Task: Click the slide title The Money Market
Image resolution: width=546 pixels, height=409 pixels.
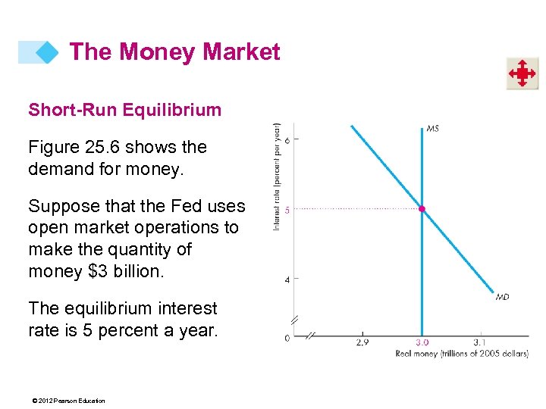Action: (174, 52)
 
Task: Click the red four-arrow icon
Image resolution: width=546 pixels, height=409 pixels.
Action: (522, 73)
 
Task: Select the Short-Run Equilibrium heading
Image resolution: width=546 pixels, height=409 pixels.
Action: (124, 110)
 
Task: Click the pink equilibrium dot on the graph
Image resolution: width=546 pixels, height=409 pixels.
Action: (422, 208)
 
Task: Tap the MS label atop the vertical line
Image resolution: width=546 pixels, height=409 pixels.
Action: (432, 129)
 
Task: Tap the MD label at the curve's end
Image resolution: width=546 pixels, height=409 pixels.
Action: (502, 297)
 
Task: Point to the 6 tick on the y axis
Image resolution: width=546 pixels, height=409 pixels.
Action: (287, 139)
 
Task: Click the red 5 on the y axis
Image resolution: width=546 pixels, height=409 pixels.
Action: (287, 210)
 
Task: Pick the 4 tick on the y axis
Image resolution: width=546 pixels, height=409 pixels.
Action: (287, 280)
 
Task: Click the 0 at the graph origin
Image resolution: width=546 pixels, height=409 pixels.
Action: (287, 338)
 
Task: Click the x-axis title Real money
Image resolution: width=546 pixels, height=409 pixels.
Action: (462, 354)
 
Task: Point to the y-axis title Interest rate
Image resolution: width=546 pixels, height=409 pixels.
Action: (278, 176)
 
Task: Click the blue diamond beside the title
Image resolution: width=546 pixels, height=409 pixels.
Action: (47, 52)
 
